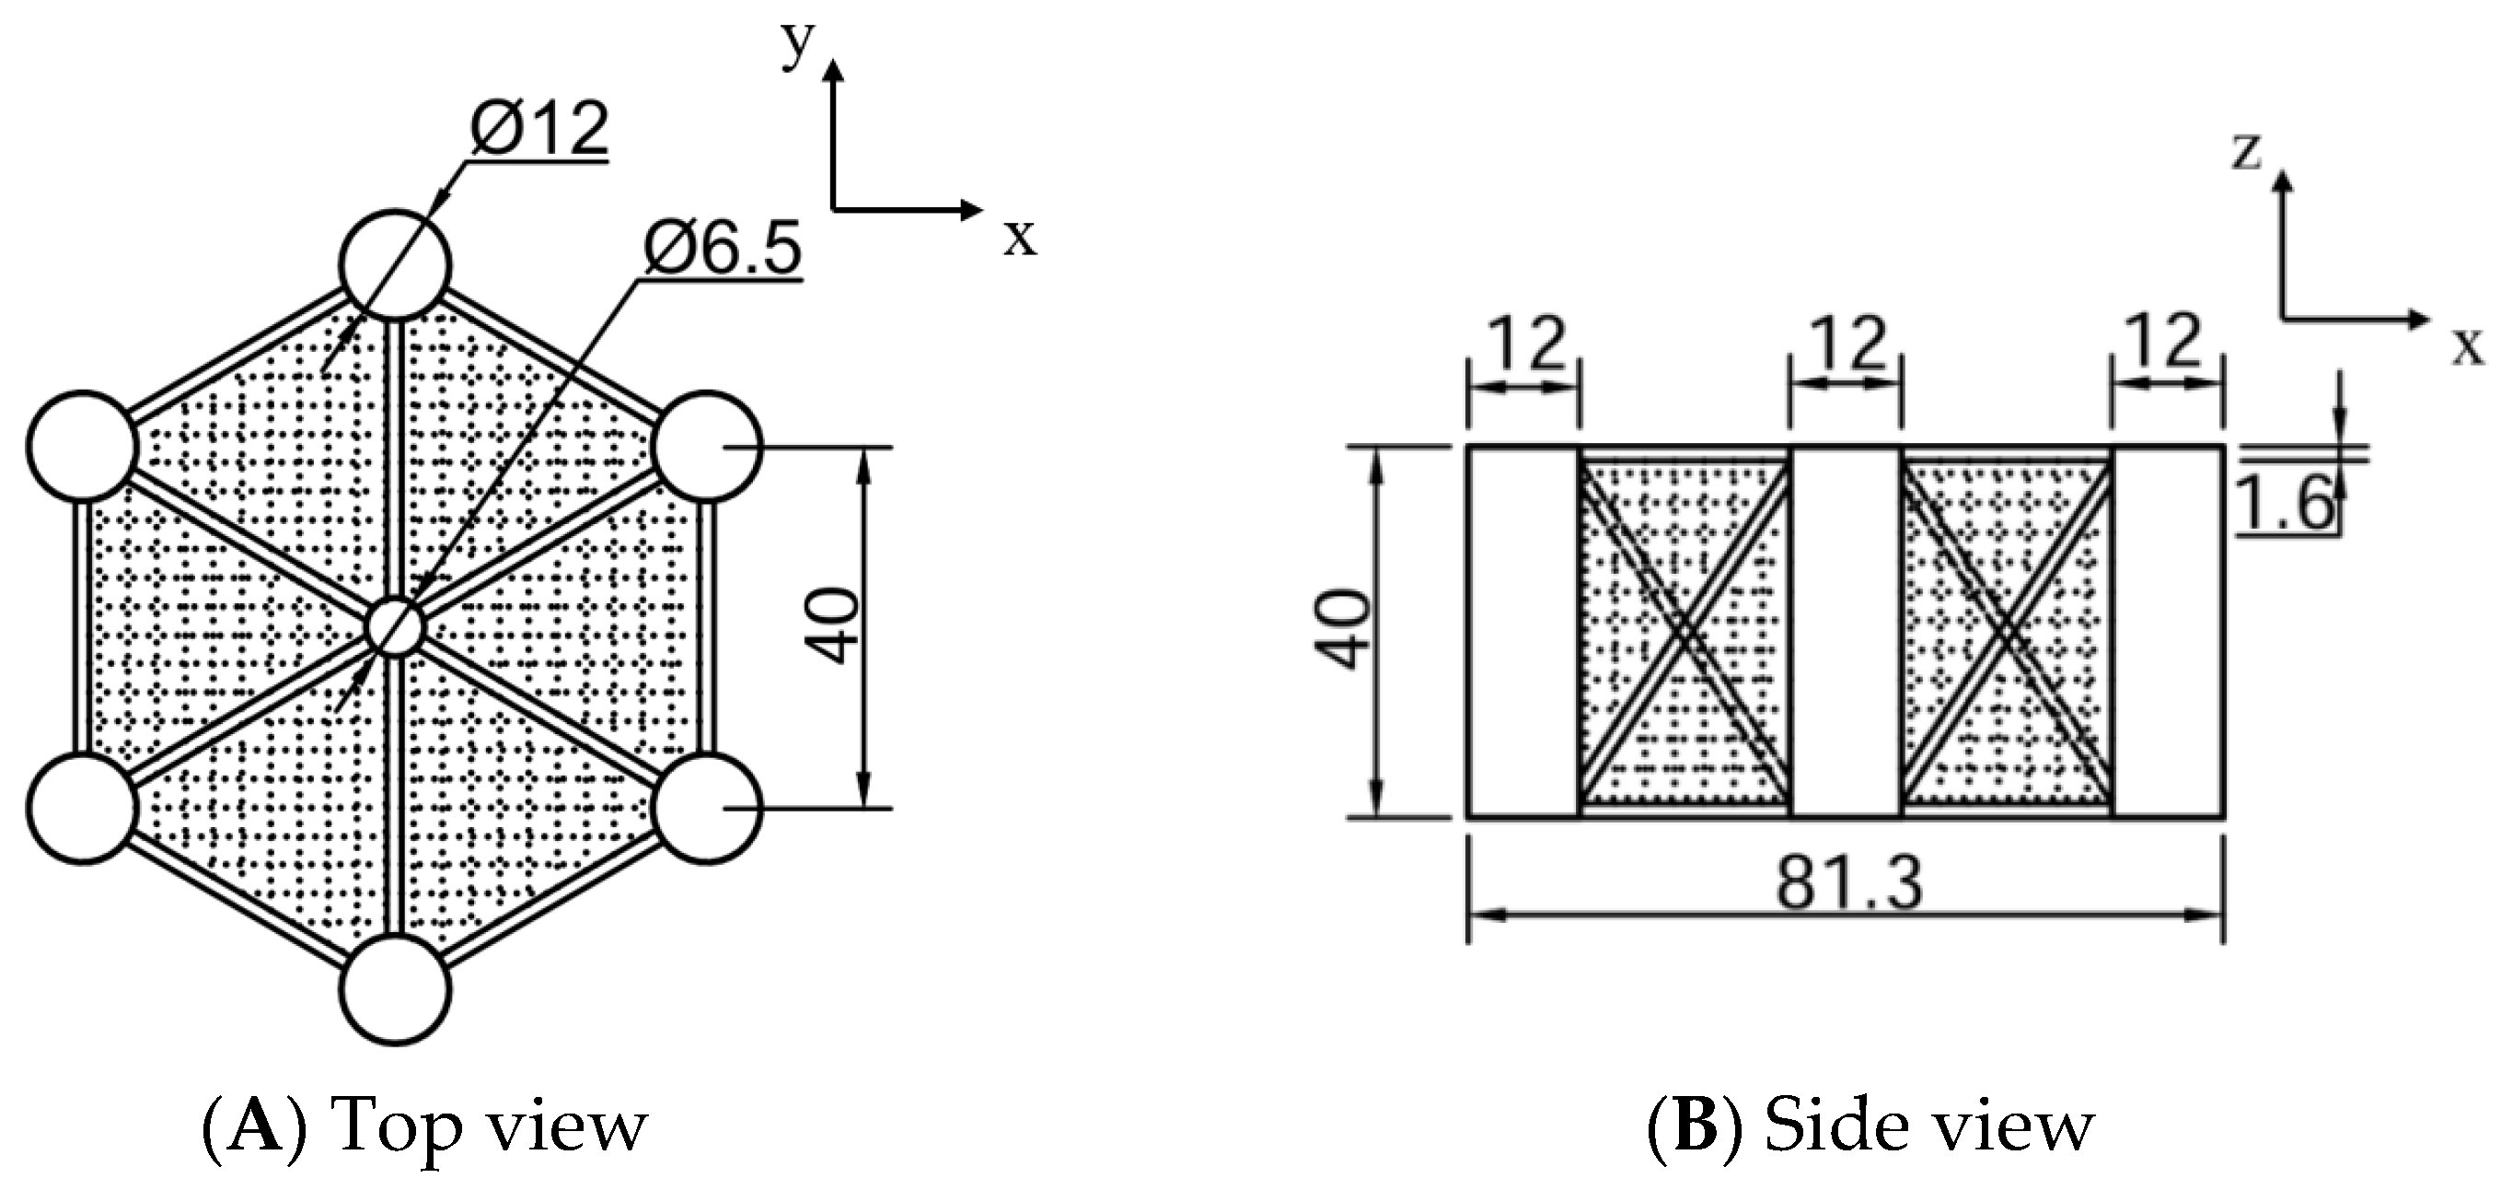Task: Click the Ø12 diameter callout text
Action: [538, 128]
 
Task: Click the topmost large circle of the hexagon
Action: [395, 264]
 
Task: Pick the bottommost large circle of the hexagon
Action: [395, 990]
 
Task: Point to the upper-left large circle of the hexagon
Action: [82, 446]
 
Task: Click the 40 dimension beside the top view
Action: [835, 626]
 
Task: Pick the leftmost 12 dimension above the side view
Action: [1526, 344]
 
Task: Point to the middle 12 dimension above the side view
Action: [1847, 344]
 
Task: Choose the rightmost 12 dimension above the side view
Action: [2167, 342]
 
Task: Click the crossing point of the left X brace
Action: [1685, 633]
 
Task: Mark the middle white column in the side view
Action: [1846, 632]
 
